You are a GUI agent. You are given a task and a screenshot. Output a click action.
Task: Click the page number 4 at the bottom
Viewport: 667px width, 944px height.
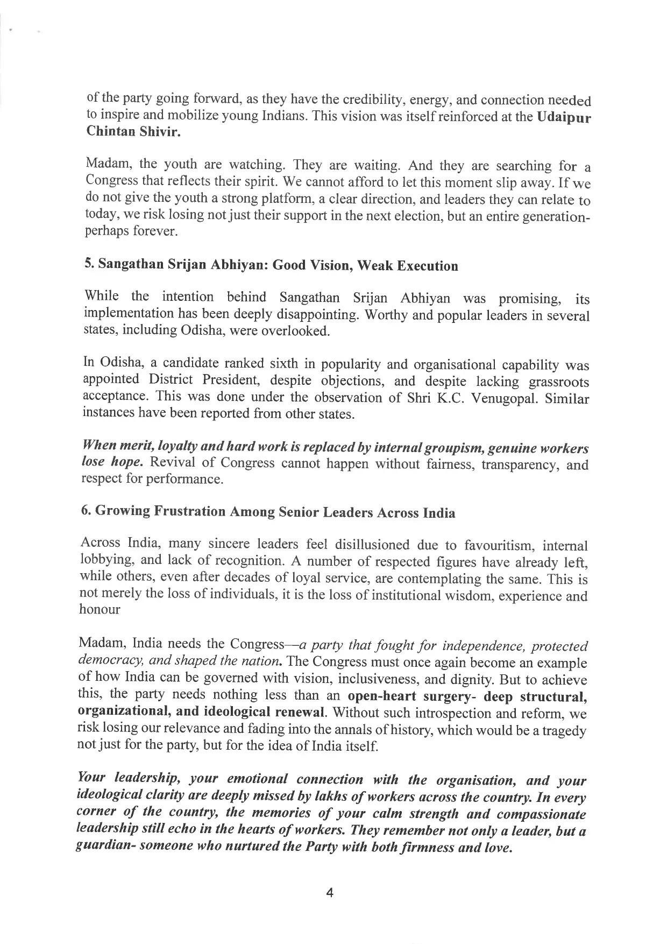(330, 893)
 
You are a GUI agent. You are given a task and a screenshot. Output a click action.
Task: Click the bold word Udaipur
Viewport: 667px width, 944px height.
(564, 118)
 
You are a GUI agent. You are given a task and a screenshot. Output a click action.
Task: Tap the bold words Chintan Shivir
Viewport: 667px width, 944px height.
(133, 133)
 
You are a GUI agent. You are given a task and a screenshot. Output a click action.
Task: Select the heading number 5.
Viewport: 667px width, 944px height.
(89, 264)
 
